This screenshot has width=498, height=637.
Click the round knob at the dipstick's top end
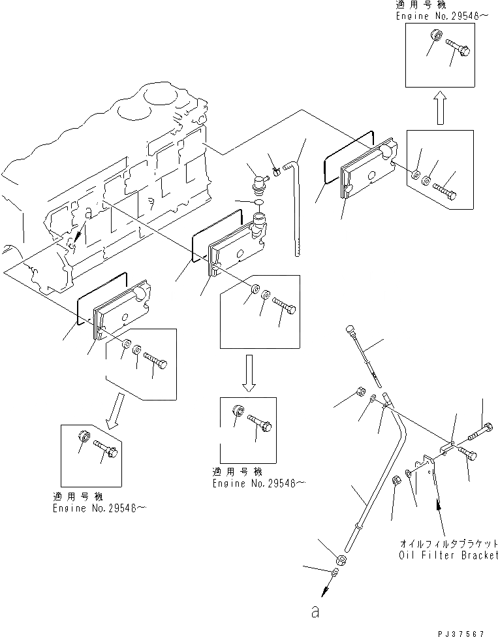350,326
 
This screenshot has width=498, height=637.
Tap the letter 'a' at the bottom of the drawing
316,612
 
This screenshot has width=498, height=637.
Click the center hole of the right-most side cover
371,174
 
